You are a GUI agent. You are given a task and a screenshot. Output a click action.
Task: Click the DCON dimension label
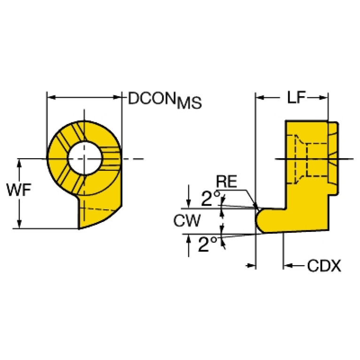click(x=152, y=98)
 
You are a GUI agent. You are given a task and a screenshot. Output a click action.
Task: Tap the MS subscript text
click(x=190, y=103)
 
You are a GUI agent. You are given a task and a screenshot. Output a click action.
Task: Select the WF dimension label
click(x=19, y=190)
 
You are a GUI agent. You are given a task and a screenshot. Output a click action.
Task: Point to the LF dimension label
click(x=296, y=97)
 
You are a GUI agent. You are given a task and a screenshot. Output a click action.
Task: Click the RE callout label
click(x=226, y=181)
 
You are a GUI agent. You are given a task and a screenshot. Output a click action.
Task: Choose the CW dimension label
click(x=187, y=221)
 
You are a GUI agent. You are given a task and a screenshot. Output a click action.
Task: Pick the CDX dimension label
click(x=324, y=266)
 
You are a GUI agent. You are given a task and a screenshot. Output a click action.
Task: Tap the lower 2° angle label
click(x=207, y=244)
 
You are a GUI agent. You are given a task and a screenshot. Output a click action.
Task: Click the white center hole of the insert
click(x=84, y=159)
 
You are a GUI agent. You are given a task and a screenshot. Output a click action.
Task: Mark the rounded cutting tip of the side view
click(x=260, y=220)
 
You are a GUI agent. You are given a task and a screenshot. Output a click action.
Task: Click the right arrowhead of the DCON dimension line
click(x=117, y=97)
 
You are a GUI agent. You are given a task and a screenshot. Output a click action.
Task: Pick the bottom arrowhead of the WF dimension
click(x=20, y=224)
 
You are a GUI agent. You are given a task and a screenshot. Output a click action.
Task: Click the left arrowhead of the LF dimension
click(x=260, y=97)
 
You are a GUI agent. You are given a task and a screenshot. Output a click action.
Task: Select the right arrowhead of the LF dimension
click(x=323, y=97)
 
